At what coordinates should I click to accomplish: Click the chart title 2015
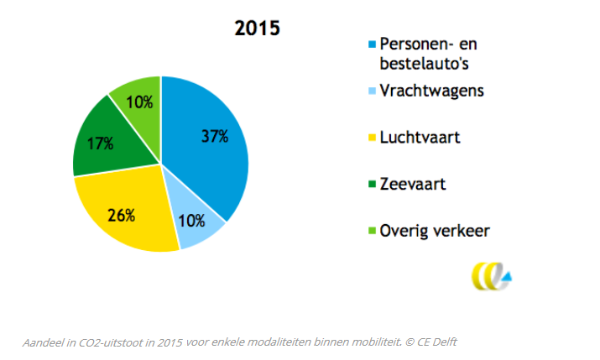(x=257, y=29)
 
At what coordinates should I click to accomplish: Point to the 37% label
(x=215, y=137)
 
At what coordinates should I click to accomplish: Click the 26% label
(x=122, y=216)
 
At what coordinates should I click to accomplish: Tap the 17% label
(x=100, y=143)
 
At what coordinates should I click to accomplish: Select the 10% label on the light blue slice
(x=191, y=222)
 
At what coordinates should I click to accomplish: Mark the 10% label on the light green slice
(x=139, y=102)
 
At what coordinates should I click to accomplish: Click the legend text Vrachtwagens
(x=431, y=91)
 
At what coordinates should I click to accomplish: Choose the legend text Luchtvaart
(x=420, y=138)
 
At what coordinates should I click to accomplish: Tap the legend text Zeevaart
(x=413, y=185)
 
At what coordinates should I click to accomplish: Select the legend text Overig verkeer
(x=435, y=232)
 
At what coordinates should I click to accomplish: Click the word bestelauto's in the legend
(x=424, y=64)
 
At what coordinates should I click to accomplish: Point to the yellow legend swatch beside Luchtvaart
(x=372, y=138)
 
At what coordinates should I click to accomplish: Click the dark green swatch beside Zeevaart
(x=372, y=185)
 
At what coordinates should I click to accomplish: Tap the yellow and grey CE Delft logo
(x=491, y=276)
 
